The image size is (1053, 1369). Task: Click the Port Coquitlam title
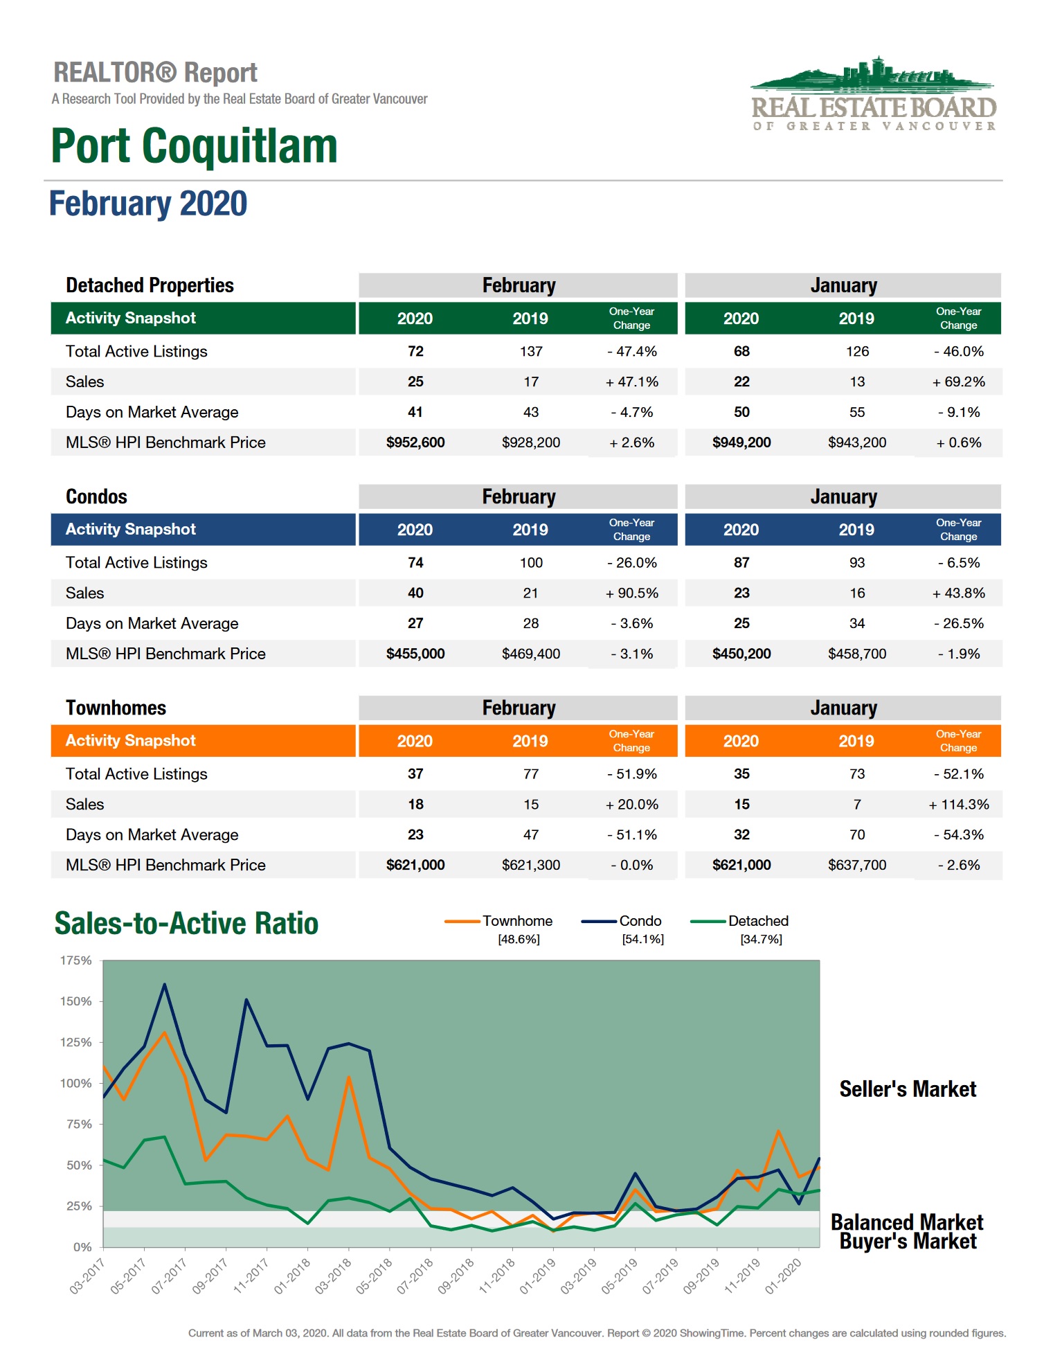pos(194,146)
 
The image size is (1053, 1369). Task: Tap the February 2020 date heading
pos(148,204)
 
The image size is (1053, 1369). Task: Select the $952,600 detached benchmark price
pos(415,442)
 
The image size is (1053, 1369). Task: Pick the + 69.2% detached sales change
pos(958,382)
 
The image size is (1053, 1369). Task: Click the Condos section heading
pos(96,496)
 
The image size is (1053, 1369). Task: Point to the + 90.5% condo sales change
pos(631,593)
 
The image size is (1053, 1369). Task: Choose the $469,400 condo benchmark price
pos(531,654)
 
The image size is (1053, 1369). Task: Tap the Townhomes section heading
pos(116,708)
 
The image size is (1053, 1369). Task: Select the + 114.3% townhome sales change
pos(958,804)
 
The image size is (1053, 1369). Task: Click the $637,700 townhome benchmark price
pos(857,865)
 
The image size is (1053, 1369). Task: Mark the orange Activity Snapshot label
pos(130,740)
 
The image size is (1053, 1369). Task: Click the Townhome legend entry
pos(517,921)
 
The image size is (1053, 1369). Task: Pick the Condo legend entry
pos(640,921)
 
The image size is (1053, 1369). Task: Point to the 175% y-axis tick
pos(76,960)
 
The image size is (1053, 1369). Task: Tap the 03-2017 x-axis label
pos(87,1276)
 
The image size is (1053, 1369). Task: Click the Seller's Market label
pos(908,1089)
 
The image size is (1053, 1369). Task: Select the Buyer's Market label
pos(908,1242)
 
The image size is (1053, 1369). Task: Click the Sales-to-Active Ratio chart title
pos(186,924)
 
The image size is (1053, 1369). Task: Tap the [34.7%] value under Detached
pos(761,939)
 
